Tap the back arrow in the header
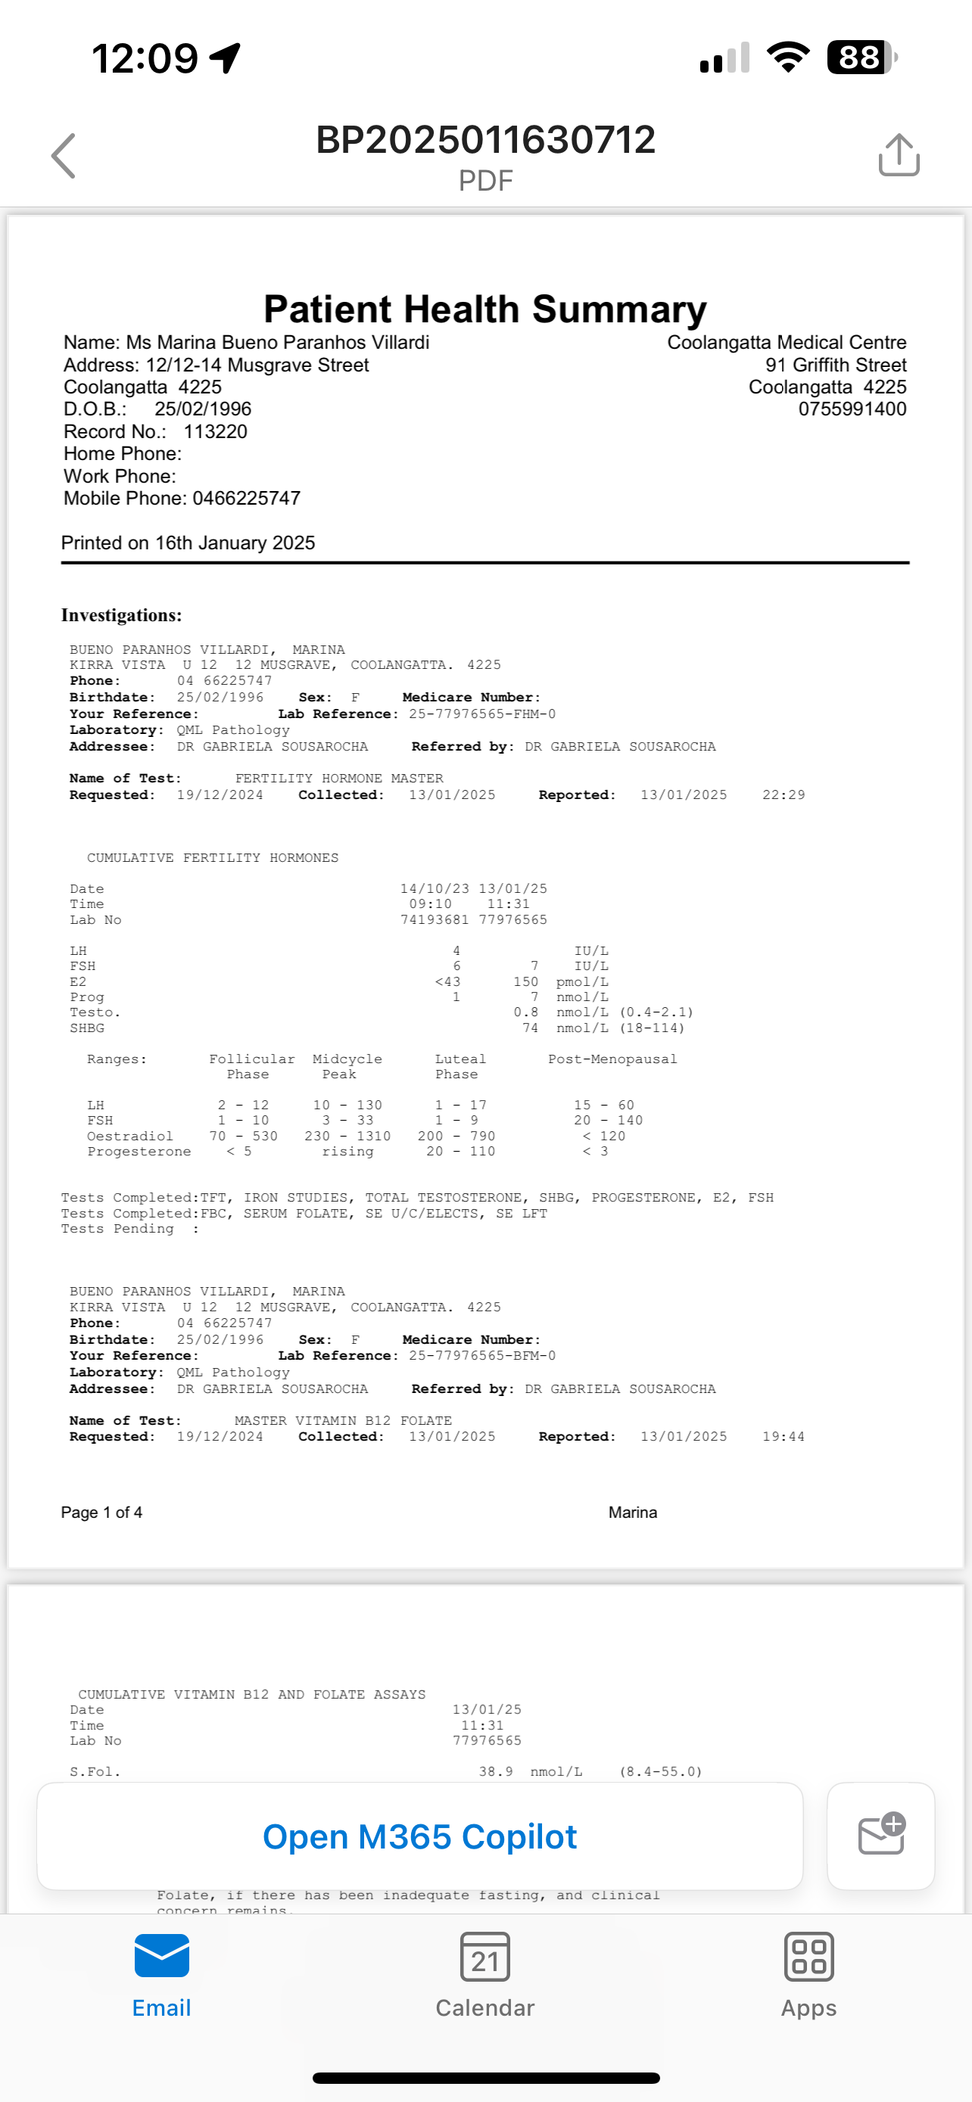tap(64, 155)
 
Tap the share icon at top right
tap(899, 154)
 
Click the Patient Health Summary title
tap(484, 309)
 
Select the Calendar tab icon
tap(484, 1957)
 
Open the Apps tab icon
tap(808, 1957)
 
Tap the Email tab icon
tap(161, 1957)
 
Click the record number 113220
tap(216, 431)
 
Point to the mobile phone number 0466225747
tap(247, 499)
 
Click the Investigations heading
tap(122, 615)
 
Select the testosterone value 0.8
tap(525, 1012)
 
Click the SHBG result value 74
tap(531, 1028)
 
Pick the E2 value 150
tap(525, 981)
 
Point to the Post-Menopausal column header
tap(612, 1059)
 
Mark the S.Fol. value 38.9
tap(495, 1771)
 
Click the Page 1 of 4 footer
tap(101, 1513)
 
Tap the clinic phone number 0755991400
tap(852, 409)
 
